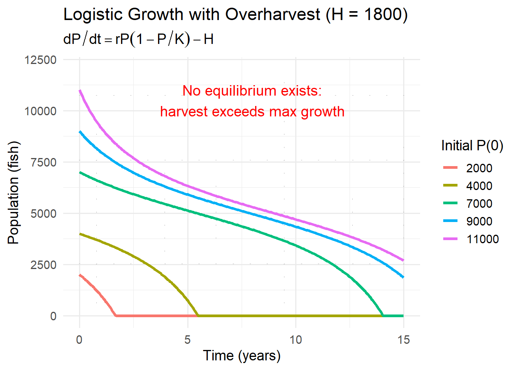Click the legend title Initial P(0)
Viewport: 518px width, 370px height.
click(x=472, y=146)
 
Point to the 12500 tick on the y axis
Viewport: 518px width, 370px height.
click(x=40, y=60)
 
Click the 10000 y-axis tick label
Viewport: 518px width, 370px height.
click(x=40, y=111)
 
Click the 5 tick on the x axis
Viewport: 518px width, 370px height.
click(x=188, y=340)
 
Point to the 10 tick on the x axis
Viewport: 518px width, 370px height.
click(x=296, y=340)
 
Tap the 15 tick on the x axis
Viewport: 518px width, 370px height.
click(x=404, y=340)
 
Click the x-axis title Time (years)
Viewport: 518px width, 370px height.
click(x=242, y=355)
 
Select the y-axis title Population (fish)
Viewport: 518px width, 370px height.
click(x=13, y=193)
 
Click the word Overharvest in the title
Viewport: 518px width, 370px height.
click(x=272, y=15)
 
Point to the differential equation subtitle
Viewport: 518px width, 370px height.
click(x=138, y=39)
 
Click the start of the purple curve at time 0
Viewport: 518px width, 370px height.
click(x=80, y=91)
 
